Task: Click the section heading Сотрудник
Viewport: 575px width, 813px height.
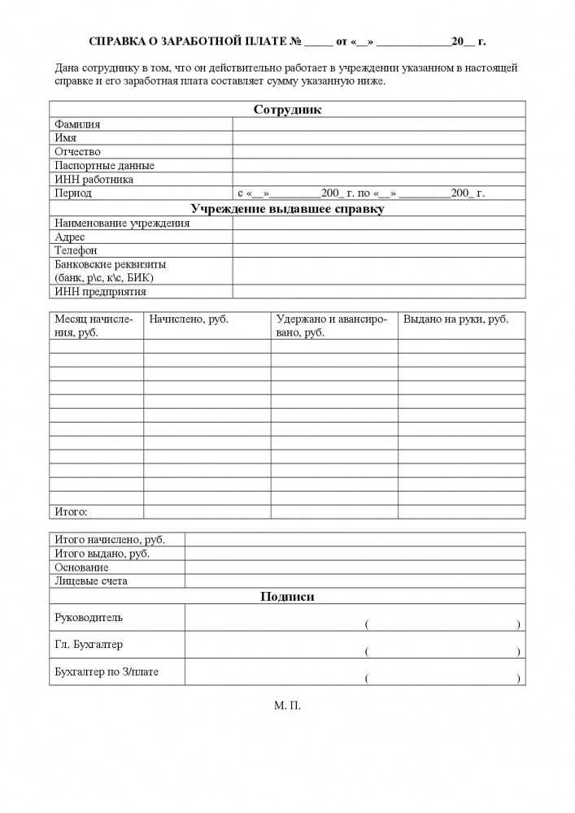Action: pos(287,110)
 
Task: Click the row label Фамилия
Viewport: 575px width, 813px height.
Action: pos(77,124)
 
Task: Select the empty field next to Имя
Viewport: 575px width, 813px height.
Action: pos(378,138)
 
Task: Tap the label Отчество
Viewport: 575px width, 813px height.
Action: pos(77,152)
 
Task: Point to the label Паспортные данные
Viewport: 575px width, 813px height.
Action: pos(104,166)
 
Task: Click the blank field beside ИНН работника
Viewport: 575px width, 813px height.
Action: pos(378,180)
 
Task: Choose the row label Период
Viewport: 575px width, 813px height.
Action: pos(73,193)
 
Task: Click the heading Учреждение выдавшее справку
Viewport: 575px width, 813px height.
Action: pos(287,209)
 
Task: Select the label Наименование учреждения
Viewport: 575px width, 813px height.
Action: pos(122,223)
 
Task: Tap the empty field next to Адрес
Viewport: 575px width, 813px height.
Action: pos(378,237)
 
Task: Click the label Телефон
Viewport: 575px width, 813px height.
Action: pos(76,250)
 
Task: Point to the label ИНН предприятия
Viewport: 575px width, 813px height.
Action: pos(100,291)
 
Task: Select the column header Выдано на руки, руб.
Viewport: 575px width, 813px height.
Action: pos(455,320)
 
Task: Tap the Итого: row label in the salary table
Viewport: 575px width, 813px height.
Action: pos(71,512)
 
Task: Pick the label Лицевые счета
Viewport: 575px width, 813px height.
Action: pos(90,581)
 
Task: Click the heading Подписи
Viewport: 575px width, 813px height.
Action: pos(287,597)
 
